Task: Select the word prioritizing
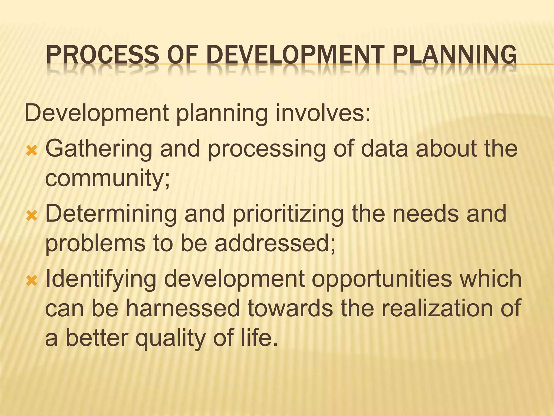pos(288,214)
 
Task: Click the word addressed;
pos(275,243)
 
